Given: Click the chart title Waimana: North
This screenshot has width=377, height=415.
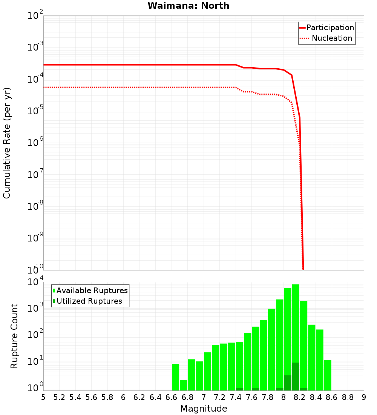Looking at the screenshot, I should tap(188, 6).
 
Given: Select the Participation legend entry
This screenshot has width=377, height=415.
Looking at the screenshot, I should tap(330, 28).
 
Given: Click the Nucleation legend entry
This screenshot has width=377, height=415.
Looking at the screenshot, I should tap(331, 38).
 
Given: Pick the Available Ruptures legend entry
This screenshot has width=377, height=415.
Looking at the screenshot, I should tap(92, 290).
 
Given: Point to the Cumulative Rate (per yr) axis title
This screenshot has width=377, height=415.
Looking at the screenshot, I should tap(7, 143).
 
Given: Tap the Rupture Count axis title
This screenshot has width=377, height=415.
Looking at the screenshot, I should tap(14, 336).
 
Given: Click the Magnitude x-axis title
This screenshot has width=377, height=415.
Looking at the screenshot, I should tap(204, 409).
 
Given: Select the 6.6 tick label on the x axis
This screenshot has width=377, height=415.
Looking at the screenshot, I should tap(172, 397).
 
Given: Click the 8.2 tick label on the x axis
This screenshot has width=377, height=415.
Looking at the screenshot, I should tap(300, 397).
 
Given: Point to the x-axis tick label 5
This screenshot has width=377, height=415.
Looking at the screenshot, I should tap(43, 397).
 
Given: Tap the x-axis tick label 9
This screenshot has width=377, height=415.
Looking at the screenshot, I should tap(364, 397).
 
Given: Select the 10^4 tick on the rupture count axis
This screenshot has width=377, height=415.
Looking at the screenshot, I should tap(35, 283).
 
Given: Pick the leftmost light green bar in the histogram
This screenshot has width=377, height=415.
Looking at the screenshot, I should tap(175, 377).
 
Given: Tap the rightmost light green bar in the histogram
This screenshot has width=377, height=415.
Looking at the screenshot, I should tap(328, 375).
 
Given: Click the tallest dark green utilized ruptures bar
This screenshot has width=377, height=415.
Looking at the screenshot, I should tap(296, 376).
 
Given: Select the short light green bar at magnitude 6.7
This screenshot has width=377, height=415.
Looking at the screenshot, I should tap(184, 385).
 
